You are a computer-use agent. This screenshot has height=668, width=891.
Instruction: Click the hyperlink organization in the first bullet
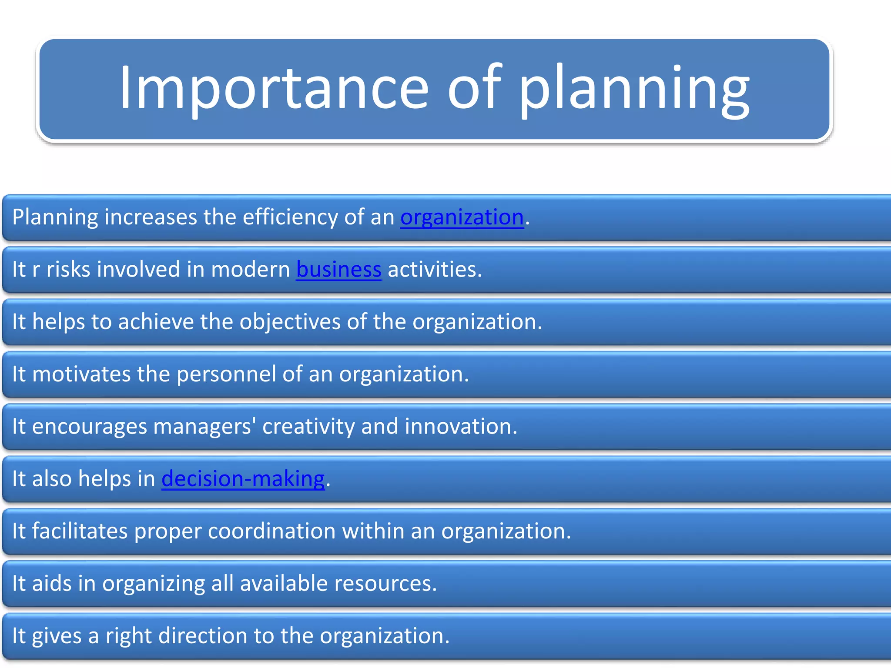click(462, 217)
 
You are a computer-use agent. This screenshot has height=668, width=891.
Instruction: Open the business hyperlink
click(338, 269)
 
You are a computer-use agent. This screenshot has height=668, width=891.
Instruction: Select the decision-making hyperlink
click(243, 479)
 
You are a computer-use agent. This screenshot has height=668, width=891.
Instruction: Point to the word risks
click(68, 269)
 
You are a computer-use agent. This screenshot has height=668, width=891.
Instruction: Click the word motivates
click(81, 374)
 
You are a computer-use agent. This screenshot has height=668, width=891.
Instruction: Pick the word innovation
click(461, 427)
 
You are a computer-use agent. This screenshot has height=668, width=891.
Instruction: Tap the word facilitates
click(80, 531)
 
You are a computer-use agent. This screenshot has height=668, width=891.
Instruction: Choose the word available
click(284, 584)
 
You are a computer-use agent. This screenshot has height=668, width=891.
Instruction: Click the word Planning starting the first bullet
click(55, 217)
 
